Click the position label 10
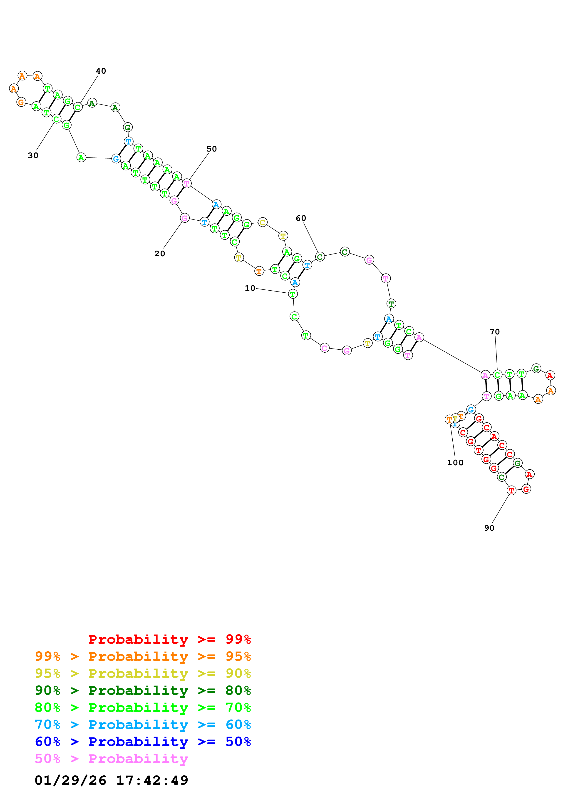pyautogui.click(x=250, y=288)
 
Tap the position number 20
pyautogui.click(x=160, y=254)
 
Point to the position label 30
pyautogui.click(x=33, y=155)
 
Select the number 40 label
pyautogui.click(x=101, y=71)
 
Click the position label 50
pyautogui.click(x=212, y=149)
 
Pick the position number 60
pyautogui.click(x=301, y=218)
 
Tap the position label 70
pyautogui.click(x=495, y=332)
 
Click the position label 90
pyautogui.click(x=489, y=528)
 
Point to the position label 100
pyautogui.click(x=455, y=463)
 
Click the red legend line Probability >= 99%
pyautogui.click(x=169, y=639)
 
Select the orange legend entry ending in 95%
pyautogui.click(x=143, y=656)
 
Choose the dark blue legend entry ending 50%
pyautogui.click(x=143, y=742)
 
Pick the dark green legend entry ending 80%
pyautogui.click(x=143, y=690)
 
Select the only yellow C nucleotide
pyautogui.click(x=263, y=222)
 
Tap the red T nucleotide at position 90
pyautogui.click(x=511, y=491)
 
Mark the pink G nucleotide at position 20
pyautogui.click(x=185, y=218)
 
